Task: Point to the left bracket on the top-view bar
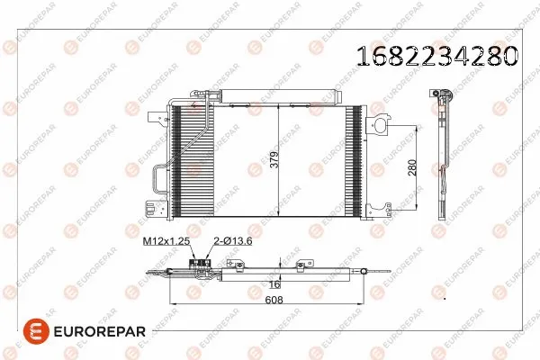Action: (237, 265)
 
